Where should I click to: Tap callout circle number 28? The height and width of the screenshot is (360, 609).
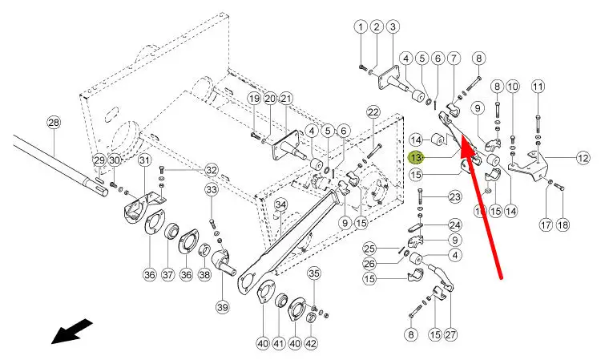[x=54, y=123]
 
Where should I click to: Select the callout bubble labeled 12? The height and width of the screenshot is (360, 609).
[x=583, y=159]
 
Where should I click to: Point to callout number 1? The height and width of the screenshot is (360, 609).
[x=361, y=27]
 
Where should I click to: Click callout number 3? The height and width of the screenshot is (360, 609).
[x=393, y=27]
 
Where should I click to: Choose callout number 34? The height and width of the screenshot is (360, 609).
[x=280, y=205]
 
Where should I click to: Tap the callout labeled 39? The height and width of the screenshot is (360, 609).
[x=222, y=307]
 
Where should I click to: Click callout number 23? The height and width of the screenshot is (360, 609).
[x=454, y=196]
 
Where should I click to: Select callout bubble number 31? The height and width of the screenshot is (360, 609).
[x=144, y=161]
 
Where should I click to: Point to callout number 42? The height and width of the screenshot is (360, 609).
[x=311, y=343]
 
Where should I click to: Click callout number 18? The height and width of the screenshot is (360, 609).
[x=563, y=225]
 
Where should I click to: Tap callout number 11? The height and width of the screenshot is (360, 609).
[x=538, y=86]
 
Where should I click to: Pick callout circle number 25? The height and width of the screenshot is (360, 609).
[x=369, y=248]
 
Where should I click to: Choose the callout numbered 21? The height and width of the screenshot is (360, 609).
[x=286, y=99]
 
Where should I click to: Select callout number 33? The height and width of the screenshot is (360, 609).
[x=212, y=190]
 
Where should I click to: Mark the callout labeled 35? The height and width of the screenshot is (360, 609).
[x=314, y=274]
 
